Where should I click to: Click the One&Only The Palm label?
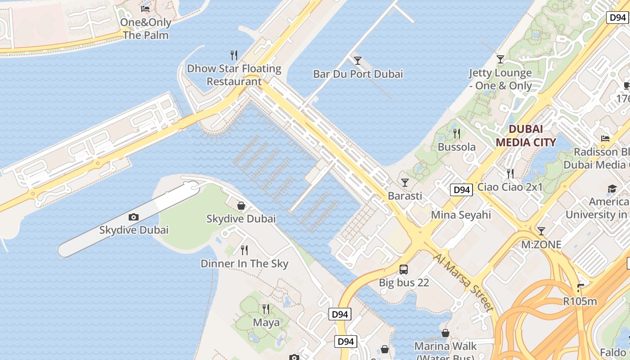(x=146, y=29)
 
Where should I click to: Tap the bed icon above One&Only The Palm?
(x=145, y=9)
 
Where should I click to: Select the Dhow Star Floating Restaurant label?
(x=234, y=75)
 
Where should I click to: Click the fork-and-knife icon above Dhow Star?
(x=234, y=55)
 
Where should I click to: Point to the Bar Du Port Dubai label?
(x=358, y=74)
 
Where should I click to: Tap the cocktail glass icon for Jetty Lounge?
(x=500, y=59)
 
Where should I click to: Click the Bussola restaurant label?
(x=457, y=147)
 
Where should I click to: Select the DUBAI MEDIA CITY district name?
(x=526, y=136)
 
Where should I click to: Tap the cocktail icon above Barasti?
(x=405, y=182)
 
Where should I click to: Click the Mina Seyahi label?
(x=461, y=215)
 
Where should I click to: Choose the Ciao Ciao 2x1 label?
(x=510, y=187)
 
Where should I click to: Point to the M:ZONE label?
(x=541, y=245)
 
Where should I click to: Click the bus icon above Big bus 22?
(x=404, y=270)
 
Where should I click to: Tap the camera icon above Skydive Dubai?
(x=134, y=217)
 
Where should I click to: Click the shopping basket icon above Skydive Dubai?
(x=241, y=206)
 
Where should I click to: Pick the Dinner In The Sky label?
(x=244, y=264)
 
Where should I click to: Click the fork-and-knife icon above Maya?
(x=266, y=309)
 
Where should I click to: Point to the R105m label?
(x=580, y=301)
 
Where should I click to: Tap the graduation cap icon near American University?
(x=612, y=189)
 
